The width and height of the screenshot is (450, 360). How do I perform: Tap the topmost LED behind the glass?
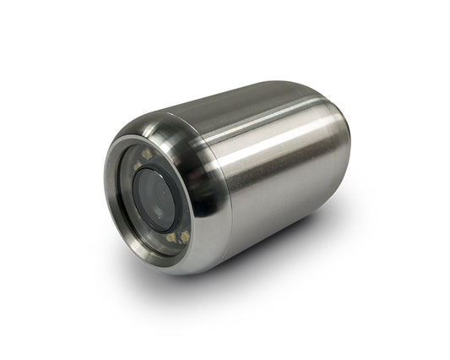pyautogui.click(x=145, y=155)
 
